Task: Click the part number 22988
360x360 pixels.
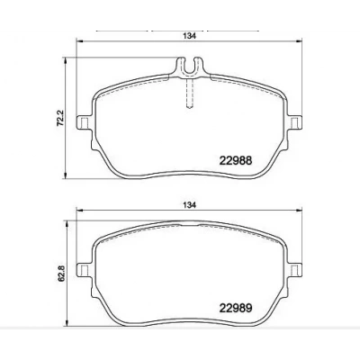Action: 236,160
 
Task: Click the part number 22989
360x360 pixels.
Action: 236,308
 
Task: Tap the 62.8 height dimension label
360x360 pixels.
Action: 60,274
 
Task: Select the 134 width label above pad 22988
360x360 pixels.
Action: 190,36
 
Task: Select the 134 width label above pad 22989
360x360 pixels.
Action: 190,205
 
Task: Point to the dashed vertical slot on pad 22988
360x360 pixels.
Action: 190,93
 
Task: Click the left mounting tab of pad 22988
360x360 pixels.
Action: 84,122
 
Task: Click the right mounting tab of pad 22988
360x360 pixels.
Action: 295,122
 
